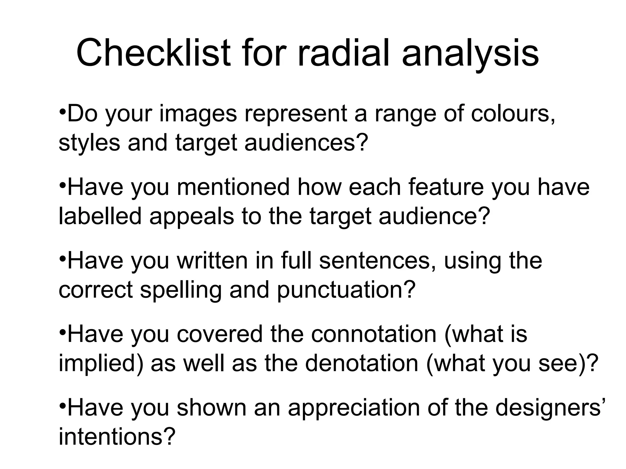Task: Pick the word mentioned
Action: pos(233,187)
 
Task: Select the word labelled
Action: pos(100,216)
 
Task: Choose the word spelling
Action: pos(181,290)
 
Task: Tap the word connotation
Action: pos(374,334)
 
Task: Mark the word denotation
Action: pos(361,363)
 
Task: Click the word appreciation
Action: pos(354,408)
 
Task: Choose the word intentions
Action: pos(117,437)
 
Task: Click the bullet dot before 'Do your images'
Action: pos(62,110)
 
